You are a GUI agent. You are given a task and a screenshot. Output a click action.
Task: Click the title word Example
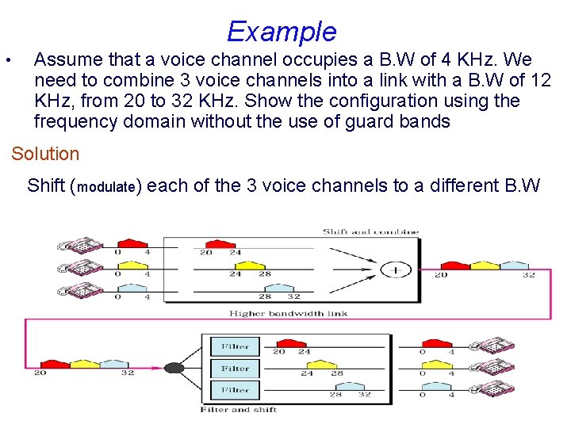tap(282, 31)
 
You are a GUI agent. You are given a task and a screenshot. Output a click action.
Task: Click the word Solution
tap(45, 154)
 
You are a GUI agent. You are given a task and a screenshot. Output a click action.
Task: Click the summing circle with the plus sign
tap(394, 270)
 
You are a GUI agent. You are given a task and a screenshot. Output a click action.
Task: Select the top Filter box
tap(235, 346)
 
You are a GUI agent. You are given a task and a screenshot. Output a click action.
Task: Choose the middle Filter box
tap(235, 369)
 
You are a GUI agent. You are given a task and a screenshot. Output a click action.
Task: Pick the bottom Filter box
tap(235, 390)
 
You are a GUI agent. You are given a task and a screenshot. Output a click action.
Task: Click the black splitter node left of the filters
tap(174, 368)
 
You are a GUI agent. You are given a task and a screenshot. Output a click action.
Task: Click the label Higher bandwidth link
tap(288, 313)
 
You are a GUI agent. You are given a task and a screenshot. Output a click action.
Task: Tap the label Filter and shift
tap(239, 410)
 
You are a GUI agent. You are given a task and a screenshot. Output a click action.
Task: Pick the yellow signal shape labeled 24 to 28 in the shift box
tap(249, 265)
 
